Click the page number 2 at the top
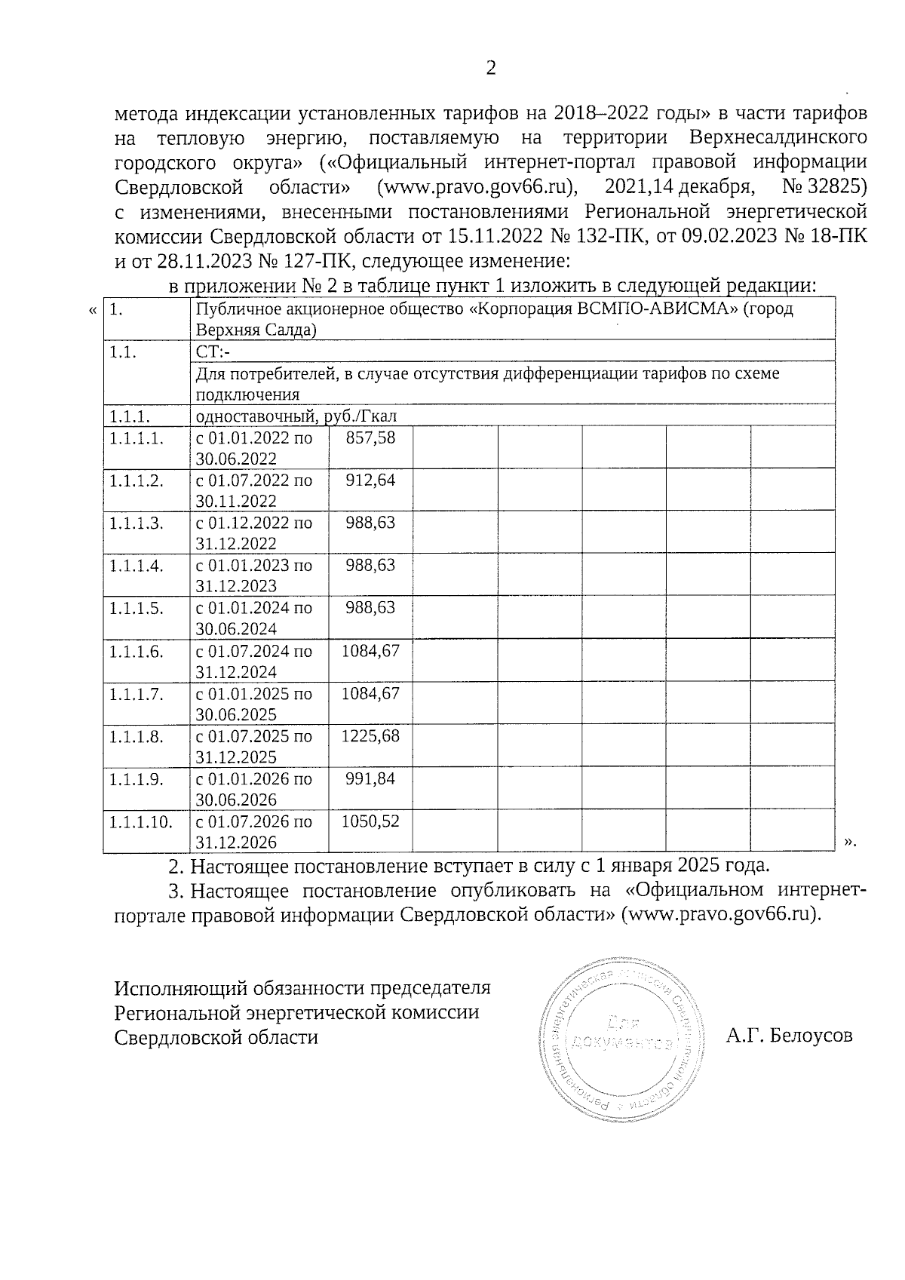[x=491, y=69]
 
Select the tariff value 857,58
[x=370, y=437]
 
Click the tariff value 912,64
[x=370, y=480]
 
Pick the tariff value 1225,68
[x=370, y=736]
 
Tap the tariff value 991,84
[x=370, y=778]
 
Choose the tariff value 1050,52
[x=370, y=821]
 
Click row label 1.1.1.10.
[x=141, y=821]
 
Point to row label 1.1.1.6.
[x=136, y=651]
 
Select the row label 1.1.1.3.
[x=136, y=523]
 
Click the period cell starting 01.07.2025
[x=254, y=746]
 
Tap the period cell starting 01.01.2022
[x=254, y=448]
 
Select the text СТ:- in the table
[x=213, y=351]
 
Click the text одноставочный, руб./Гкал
[x=296, y=416]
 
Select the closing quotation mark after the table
[x=851, y=840]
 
